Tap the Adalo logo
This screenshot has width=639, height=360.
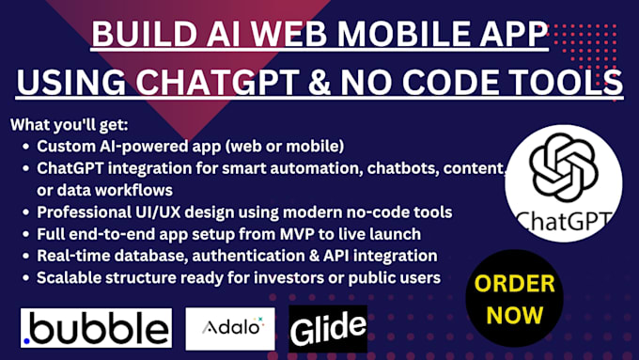(x=230, y=328)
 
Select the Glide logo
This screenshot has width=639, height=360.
(x=328, y=328)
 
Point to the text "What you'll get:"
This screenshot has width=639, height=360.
(x=65, y=125)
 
